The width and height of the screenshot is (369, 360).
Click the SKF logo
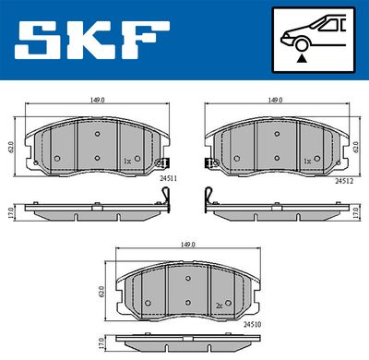pyautogui.click(x=91, y=41)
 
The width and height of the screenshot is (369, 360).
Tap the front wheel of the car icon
pyautogui.click(x=302, y=44)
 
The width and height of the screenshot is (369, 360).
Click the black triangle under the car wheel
pyautogui.click(x=302, y=58)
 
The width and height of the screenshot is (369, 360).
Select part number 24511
pyautogui.click(x=168, y=178)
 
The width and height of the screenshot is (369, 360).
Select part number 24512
pyautogui.click(x=344, y=181)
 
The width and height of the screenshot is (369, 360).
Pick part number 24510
pyautogui.click(x=253, y=324)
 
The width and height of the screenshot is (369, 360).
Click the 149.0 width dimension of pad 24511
pyautogui.click(x=97, y=101)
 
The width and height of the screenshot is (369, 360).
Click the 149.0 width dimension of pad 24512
pyautogui.click(x=275, y=101)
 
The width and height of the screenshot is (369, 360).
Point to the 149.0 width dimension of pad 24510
pyautogui.click(x=188, y=245)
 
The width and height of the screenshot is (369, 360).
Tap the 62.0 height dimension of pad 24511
pyautogui.click(x=11, y=147)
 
